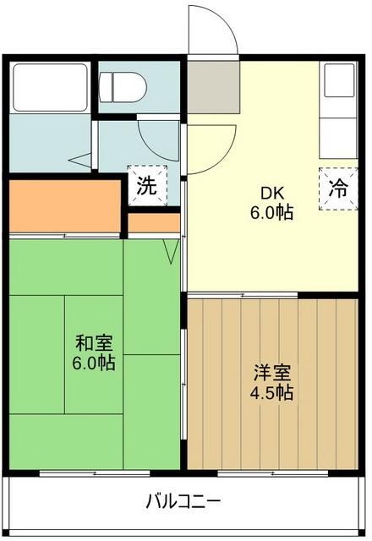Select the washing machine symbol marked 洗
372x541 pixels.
click(x=147, y=187)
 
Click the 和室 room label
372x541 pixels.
click(x=95, y=344)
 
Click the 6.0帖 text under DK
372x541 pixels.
click(x=271, y=213)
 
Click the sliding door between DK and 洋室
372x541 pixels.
click(x=242, y=294)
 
